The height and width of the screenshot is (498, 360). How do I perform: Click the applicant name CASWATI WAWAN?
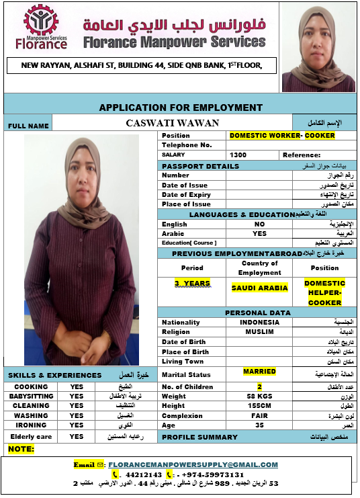172,123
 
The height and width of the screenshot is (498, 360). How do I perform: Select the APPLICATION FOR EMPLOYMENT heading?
181,108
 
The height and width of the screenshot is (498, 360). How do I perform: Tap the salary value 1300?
238,155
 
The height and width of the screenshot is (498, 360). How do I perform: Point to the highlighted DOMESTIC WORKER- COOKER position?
282,135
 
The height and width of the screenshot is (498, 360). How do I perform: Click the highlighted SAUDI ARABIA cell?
259,288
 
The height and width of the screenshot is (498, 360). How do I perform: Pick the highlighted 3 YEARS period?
192,283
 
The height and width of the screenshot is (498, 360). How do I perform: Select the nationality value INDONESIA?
259,323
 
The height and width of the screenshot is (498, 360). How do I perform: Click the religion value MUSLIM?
259,332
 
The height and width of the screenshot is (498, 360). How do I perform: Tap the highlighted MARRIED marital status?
259,371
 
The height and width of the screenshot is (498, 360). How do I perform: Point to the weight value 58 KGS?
259,397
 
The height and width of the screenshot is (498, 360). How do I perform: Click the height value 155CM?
259,406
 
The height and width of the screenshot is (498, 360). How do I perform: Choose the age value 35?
259,425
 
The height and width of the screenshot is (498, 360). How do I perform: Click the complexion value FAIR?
259,415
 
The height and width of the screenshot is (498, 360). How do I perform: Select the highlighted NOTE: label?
21,448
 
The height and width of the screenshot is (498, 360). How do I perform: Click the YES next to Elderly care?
77,436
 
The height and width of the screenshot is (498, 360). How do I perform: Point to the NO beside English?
259,224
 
